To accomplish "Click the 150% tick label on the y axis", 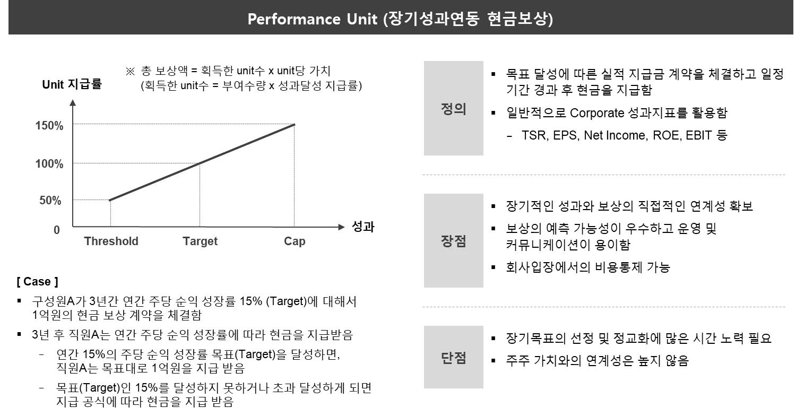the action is click(x=49, y=126).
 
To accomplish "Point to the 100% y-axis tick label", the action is click(x=49, y=164).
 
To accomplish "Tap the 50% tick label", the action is click(x=51, y=201).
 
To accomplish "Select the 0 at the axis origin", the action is click(x=57, y=230).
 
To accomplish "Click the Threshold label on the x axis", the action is click(x=111, y=241).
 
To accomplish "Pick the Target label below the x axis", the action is click(x=200, y=241).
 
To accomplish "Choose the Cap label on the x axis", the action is click(x=295, y=241).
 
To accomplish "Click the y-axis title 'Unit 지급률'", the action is click(x=72, y=84).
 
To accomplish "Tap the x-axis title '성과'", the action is click(x=363, y=227).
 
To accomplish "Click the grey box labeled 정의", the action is click(x=452, y=108).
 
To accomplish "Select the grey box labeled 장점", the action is click(x=452, y=240).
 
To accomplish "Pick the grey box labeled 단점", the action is click(x=452, y=357).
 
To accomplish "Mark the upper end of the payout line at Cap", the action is click(x=294, y=125).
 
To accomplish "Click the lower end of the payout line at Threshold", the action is click(x=110, y=200).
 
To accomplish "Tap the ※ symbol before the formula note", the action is click(x=130, y=71).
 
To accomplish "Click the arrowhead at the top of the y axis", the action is click(x=73, y=102).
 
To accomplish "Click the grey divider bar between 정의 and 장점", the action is click(x=602, y=176).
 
